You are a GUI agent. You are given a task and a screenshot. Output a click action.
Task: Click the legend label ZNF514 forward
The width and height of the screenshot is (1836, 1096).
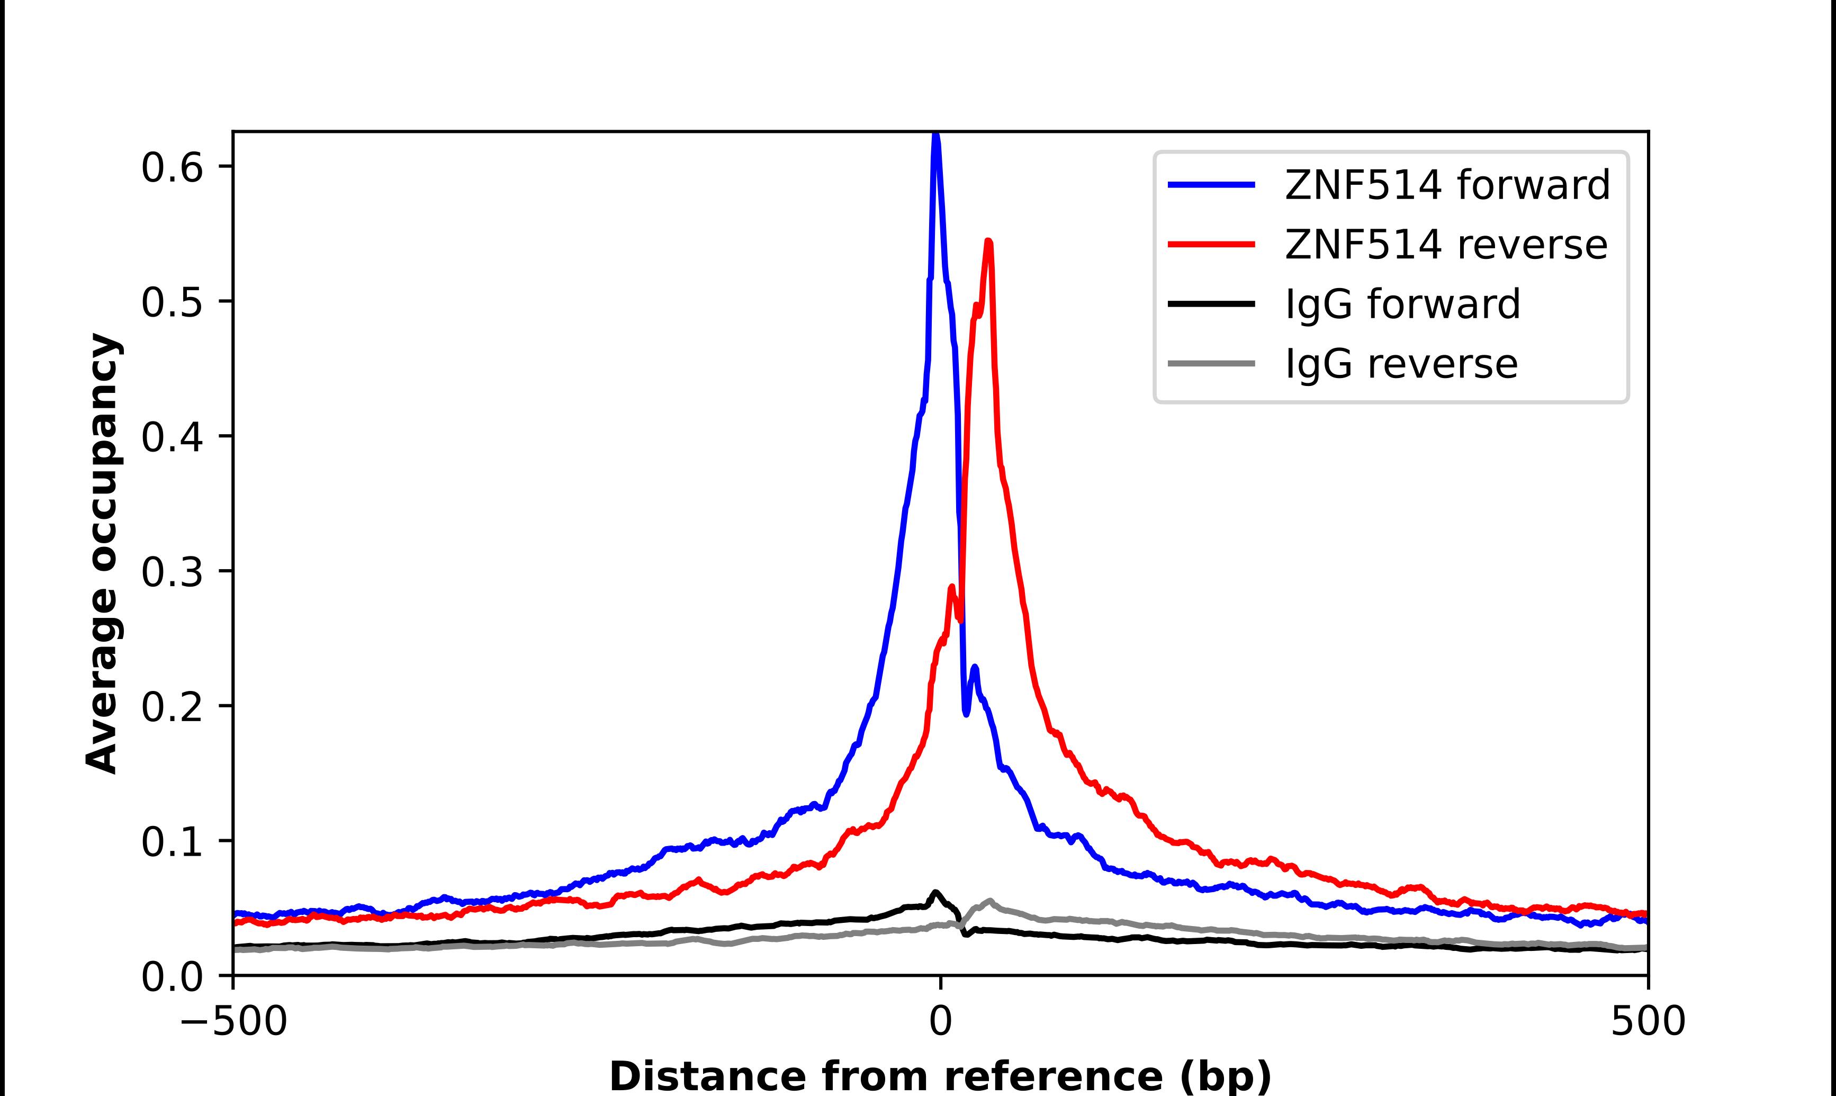pyautogui.click(x=1447, y=185)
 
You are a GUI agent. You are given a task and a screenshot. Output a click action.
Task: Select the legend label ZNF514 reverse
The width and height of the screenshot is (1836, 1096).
pyautogui.click(x=1445, y=245)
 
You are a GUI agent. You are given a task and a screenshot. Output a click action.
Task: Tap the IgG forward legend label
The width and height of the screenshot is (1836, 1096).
pyautogui.click(x=1402, y=304)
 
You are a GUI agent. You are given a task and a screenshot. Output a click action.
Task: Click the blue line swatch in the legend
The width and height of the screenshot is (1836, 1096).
pyautogui.click(x=1211, y=185)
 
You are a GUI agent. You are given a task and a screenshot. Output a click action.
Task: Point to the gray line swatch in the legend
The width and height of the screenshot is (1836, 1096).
pyautogui.click(x=1211, y=363)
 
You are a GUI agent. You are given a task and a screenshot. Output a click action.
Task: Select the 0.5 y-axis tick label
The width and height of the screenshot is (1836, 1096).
pyautogui.click(x=172, y=302)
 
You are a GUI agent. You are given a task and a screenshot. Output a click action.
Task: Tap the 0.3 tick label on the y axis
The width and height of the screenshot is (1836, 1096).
pyautogui.click(x=172, y=572)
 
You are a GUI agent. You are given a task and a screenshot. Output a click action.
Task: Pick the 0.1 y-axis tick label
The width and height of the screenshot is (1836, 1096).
pyautogui.click(x=172, y=842)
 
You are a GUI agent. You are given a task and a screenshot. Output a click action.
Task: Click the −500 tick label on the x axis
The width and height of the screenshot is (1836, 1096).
pyautogui.click(x=233, y=1023)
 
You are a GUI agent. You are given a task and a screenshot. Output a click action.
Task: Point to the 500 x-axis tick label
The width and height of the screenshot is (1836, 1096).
pyautogui.click(x=1648, y=1023)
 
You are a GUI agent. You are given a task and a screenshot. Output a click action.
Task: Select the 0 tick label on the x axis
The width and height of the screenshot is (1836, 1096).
pyautogui.click(x=940, y=1023)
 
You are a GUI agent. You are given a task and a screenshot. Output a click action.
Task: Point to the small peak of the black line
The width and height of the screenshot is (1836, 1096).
pyautogui.click(x=935, y=892)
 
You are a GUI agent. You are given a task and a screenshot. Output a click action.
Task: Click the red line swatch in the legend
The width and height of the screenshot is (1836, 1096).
pyautogui.click(x=1211, y=245)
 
